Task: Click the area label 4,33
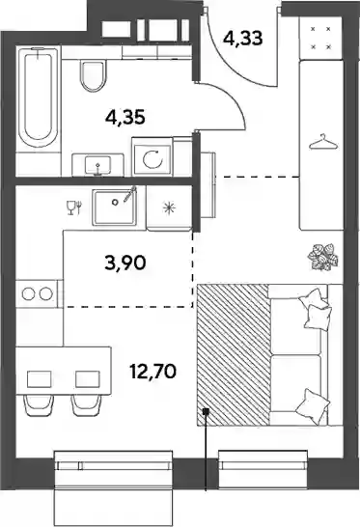242,38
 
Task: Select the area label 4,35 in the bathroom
125,118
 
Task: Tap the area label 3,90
125,263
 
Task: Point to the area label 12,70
152,372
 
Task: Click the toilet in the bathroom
93,76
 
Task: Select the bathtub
38,99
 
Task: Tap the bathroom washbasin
97,165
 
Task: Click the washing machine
152,156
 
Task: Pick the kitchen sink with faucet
115,206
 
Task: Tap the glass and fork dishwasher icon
73,208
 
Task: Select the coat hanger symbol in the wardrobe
323,142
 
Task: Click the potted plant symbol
322,257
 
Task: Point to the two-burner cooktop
37,293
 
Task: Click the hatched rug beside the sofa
234,355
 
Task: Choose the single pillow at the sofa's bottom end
312,402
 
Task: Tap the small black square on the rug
206,411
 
